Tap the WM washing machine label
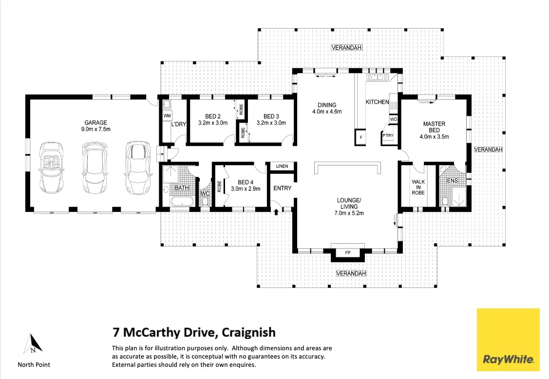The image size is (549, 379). coord(167,116)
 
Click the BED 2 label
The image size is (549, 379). coord(213,116)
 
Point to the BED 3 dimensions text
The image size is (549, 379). coord(271,123)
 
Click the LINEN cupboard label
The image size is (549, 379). coord(282,167)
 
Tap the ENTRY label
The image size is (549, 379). coord(282,188)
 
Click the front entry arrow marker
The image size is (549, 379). coord(277,211)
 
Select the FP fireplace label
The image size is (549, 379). coord(347,253)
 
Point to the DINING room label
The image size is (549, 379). coord(327,105)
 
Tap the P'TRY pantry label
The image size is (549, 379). coord(387,135)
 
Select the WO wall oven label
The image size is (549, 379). coord(393,119)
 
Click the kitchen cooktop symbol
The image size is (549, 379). coord(394,105)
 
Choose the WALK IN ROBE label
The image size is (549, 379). coord(418,187)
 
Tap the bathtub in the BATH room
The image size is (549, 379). coord(181,202)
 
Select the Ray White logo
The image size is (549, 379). coord(508,340)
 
